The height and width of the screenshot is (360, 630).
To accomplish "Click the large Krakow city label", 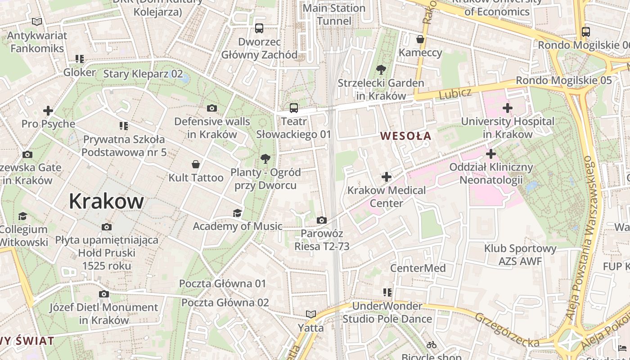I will pos(106,202).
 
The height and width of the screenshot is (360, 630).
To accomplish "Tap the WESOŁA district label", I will pos(405,136).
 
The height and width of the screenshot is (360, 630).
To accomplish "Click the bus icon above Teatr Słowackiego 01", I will pos(293,108).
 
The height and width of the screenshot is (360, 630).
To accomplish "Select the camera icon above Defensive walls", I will pos(211,108).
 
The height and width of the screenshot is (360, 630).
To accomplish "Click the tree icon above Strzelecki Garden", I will pos(381,70).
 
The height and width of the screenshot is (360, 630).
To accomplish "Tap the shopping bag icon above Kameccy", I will pos(420,40).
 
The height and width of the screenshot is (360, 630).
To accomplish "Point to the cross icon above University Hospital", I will pos(508,108).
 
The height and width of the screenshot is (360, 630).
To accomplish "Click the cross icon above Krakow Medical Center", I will pos(386,177).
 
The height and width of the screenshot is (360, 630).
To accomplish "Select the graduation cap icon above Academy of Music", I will pos(237,213).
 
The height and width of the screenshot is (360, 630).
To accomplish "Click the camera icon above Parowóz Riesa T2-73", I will pos(321,220).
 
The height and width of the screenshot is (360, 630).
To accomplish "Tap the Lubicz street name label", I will pos(455,94).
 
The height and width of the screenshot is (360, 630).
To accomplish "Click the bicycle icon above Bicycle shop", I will pos(432,345).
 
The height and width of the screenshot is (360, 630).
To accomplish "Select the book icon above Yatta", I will pos(310,314).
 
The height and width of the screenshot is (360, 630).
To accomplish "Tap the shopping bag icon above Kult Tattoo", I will pos(196,164).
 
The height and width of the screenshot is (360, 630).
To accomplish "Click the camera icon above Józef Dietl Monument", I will pos(103,294).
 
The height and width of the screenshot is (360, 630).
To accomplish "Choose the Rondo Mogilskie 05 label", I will pos(563,81).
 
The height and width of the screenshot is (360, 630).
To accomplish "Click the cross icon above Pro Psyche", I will pos(48,110).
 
